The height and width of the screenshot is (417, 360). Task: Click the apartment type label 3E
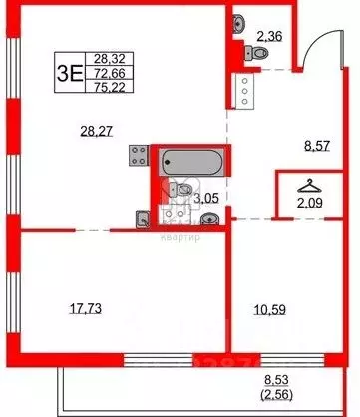[69, 73]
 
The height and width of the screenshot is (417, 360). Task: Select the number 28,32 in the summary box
[101, 59]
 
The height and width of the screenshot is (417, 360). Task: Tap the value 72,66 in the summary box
[101, 73]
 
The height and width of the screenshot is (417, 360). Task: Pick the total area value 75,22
[101, 87]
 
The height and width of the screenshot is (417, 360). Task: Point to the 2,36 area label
[269, 39]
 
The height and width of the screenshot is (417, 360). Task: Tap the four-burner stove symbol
[139, 157]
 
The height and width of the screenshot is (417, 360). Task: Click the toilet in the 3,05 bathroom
[185, 190]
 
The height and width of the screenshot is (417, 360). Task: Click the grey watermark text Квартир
[180, 236]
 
